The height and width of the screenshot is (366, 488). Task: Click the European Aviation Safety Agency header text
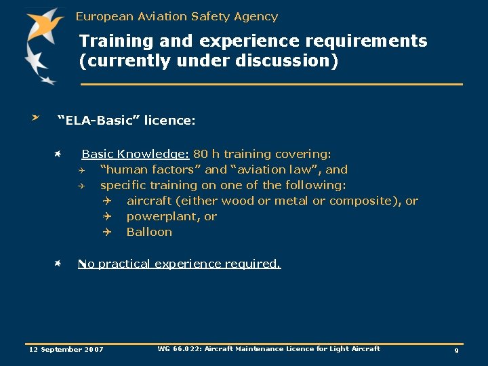pos(177,16)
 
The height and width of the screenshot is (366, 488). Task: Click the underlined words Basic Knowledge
pos(135,154)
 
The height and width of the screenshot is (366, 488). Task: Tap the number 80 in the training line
pos(201,154)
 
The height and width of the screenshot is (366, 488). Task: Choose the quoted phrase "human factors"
pos(150,169)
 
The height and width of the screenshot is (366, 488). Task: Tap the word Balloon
pos(149,232)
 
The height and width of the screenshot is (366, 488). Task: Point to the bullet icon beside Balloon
pos(106,232)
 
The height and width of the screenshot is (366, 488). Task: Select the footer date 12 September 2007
pos(66,350)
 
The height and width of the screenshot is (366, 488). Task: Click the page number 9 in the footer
pos(456,350)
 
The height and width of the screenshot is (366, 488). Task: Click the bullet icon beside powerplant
pos(106,216)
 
